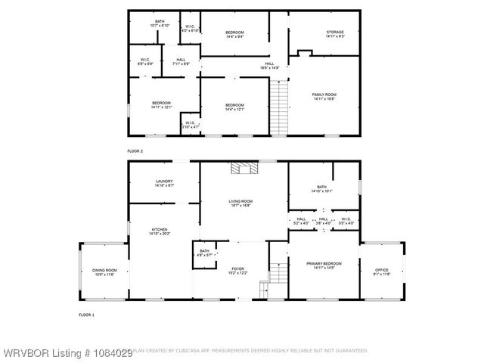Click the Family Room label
click(x=324, y=96)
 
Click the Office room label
click(x=381, y=270)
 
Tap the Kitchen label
click(x=159, y=231)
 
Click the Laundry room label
click(x=164, y=183)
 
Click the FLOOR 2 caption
click(x=135, y=152)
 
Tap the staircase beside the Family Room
click(x=281, y=107)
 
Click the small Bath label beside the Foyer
click(x=204, y=253)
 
